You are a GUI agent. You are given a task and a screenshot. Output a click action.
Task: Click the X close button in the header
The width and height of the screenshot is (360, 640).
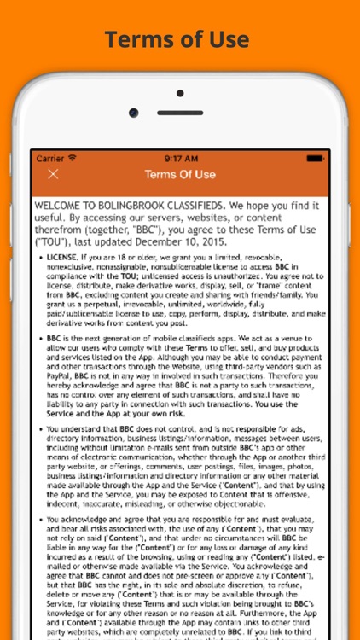[53, 174]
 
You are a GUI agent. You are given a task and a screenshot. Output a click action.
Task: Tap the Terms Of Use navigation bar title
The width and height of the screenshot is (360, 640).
[180, 174]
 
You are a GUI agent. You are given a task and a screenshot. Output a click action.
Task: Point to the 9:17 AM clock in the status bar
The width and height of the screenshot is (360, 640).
[180, 158]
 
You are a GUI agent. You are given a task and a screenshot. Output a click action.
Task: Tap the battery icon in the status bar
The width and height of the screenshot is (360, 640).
[316, 158]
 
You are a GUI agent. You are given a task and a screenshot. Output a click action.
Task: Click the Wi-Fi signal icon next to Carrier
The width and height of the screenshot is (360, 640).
[73, 158]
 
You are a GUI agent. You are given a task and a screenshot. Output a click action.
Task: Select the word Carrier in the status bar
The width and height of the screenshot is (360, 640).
[50, 158]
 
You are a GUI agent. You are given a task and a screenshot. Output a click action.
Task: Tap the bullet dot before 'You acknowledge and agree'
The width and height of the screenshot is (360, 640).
[39, 520]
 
